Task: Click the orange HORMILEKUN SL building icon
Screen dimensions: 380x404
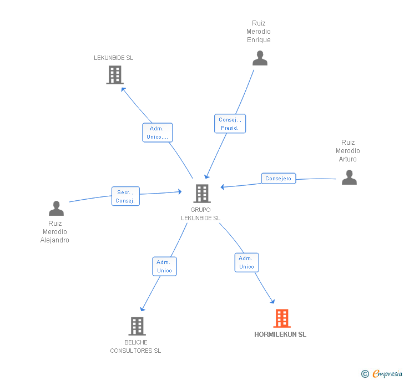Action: coord(282,318)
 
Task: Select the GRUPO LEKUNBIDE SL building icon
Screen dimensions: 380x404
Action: coord(202,194)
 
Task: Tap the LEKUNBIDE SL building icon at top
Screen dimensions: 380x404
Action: coord(114,75)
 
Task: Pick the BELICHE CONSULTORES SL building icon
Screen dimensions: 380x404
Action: coord(137,326)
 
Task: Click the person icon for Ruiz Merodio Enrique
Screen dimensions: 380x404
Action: coord(260,58)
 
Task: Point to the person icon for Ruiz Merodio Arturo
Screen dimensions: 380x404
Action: coord(349,177)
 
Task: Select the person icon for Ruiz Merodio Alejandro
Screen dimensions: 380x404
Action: coord(56,209)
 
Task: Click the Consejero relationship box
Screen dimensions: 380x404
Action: coord(278,179)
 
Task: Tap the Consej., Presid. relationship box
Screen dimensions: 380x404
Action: coord(230,124)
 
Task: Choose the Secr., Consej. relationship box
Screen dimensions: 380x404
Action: coord(125,196)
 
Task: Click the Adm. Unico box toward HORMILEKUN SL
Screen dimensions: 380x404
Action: coord(246,262)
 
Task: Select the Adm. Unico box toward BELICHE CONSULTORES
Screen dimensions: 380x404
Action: coord(164,266)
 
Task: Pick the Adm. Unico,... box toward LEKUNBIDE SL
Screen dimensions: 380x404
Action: coord(158,133)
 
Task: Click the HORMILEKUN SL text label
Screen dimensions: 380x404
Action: coord(280,335)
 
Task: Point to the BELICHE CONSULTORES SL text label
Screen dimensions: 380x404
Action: coord(135,346)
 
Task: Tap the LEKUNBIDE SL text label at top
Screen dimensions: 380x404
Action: coord(114,58)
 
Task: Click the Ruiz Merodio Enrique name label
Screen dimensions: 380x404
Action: coord(259,32)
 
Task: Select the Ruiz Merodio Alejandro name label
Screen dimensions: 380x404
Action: coord(55,232)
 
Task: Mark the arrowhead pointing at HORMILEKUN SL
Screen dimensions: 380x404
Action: coord(273,302)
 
